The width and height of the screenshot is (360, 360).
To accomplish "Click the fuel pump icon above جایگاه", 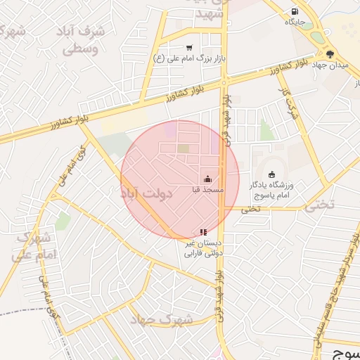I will tap(294, 11).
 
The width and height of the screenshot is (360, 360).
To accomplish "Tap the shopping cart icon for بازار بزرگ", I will tap(189, 47).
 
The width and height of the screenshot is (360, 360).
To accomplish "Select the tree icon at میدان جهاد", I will tap(330, 53).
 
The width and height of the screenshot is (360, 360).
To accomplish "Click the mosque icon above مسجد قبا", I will tap(207, 179).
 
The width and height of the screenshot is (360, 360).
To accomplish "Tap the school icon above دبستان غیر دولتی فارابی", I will tap(203, 232).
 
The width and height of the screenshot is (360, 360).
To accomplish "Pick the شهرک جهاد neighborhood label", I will tap(161, 320).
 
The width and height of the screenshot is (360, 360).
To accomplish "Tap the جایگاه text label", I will tap(294, 22).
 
